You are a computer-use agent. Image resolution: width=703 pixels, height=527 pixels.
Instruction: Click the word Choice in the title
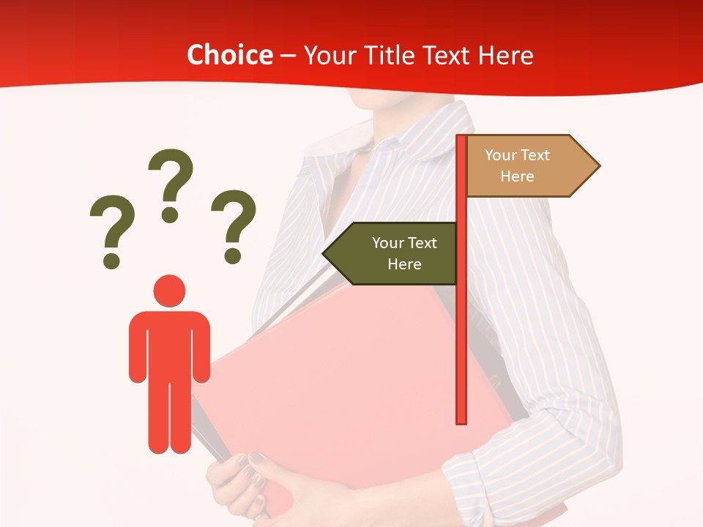[x=229, y=56]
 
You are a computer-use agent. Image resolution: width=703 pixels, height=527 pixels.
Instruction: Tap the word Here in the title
[x=505, y=56]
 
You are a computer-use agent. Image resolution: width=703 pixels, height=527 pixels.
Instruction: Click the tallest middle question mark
[x=171, y=184]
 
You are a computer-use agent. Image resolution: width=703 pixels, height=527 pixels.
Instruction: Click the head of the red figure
[x=169, y=291]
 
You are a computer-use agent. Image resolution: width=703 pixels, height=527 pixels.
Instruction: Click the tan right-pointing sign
[x=524, y=165]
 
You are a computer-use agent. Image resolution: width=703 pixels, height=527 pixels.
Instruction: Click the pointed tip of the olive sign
[x=326, y=253]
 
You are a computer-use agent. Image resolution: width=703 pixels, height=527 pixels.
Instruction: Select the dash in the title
[x=288, y=56]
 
